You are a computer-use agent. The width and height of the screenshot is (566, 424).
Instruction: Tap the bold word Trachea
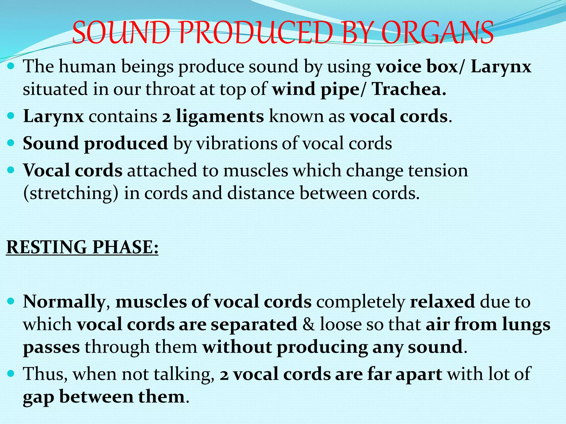pos(409,89)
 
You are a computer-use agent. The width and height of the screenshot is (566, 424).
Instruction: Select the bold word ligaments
pos(220,116)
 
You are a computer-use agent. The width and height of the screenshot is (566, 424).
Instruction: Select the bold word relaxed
pos(442,301)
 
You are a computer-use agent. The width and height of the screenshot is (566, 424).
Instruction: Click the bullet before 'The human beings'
pos(11,67)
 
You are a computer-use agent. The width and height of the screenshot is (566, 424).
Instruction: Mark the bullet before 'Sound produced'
pos(11,143)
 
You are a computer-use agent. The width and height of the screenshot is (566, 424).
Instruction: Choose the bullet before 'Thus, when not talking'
pos(11,374)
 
